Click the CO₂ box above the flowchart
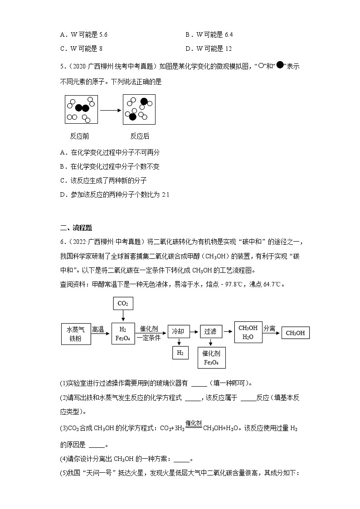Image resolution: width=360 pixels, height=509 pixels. tap(123, 303)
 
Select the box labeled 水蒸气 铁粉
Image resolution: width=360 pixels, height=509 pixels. tap(76, 334)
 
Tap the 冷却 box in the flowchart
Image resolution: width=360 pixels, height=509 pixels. tap(178, 331)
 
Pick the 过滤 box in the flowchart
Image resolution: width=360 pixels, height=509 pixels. tap(210, 331)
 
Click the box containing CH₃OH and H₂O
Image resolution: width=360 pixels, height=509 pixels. tap(248, 332)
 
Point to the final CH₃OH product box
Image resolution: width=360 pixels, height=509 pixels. tap(295, 333)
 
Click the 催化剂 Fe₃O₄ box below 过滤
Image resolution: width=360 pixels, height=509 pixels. tap(211, 358)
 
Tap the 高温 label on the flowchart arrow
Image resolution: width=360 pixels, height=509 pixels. tap(98, 329)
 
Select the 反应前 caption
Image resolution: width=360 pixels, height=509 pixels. tap(79, 136)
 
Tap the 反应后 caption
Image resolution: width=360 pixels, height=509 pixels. tap(140, 136)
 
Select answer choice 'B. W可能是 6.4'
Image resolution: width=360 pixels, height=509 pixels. tap(209, 34)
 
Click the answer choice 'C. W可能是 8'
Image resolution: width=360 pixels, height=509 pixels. tap(84, 48)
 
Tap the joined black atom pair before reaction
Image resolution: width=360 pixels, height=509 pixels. tap(82, 108)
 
